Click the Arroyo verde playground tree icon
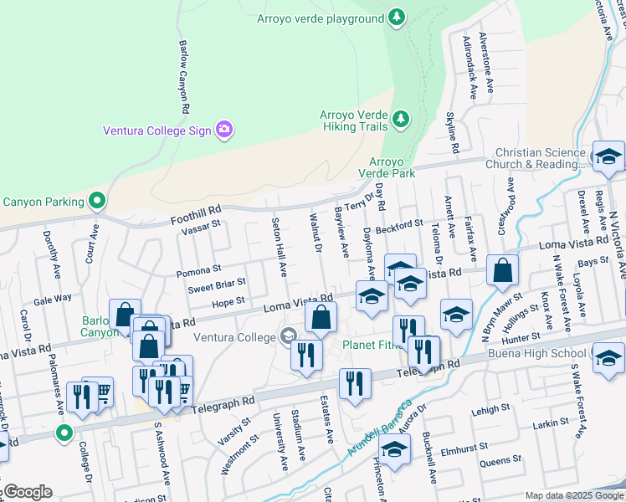pyautogui.click(x=397, y=16)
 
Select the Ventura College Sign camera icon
pyautogui.click(x=223, y=130)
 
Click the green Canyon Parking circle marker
pyautogui.click(x=98, y=201)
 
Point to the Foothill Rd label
pyautogui.click(x=196, y=212)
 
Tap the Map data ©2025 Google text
pyautogui.click(x=574, y=495)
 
